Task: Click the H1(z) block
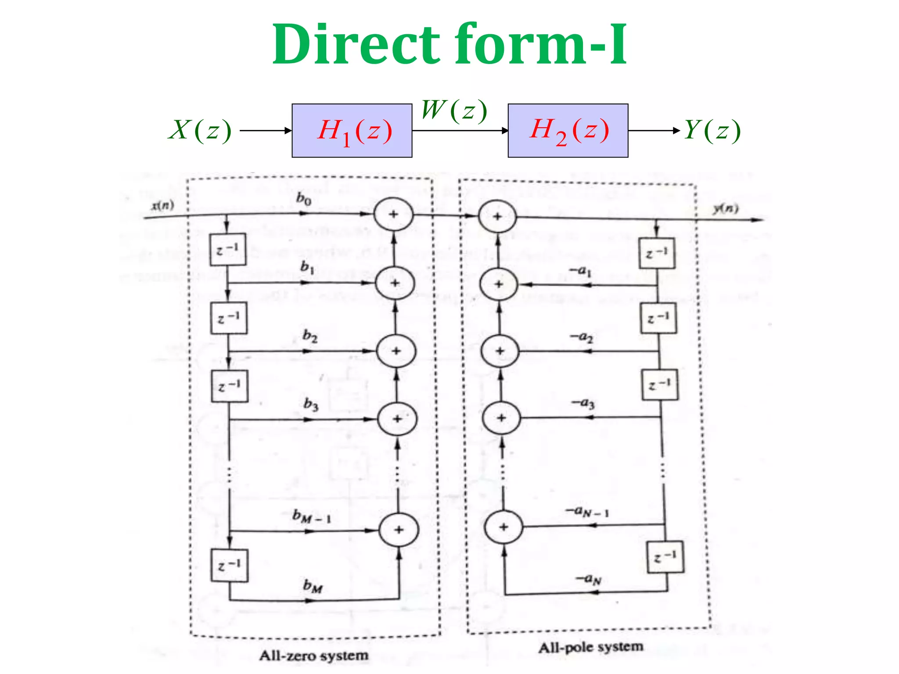(352, 131)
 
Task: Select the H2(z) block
(568, 131)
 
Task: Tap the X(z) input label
(200, 130)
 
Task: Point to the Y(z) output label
(712, 130)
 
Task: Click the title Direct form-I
(449, 45)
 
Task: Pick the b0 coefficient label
(304, 199)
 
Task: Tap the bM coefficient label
(313, 586)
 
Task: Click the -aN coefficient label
(588, 579)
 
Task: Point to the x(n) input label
(163, 205)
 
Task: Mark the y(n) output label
(725, 208)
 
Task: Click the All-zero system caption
(313, 656)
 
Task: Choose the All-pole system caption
(591, 647)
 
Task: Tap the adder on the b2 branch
(396, 351)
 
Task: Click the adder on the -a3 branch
(501, 418)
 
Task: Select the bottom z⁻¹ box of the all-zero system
(229, 565)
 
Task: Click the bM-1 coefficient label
(312, 516)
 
